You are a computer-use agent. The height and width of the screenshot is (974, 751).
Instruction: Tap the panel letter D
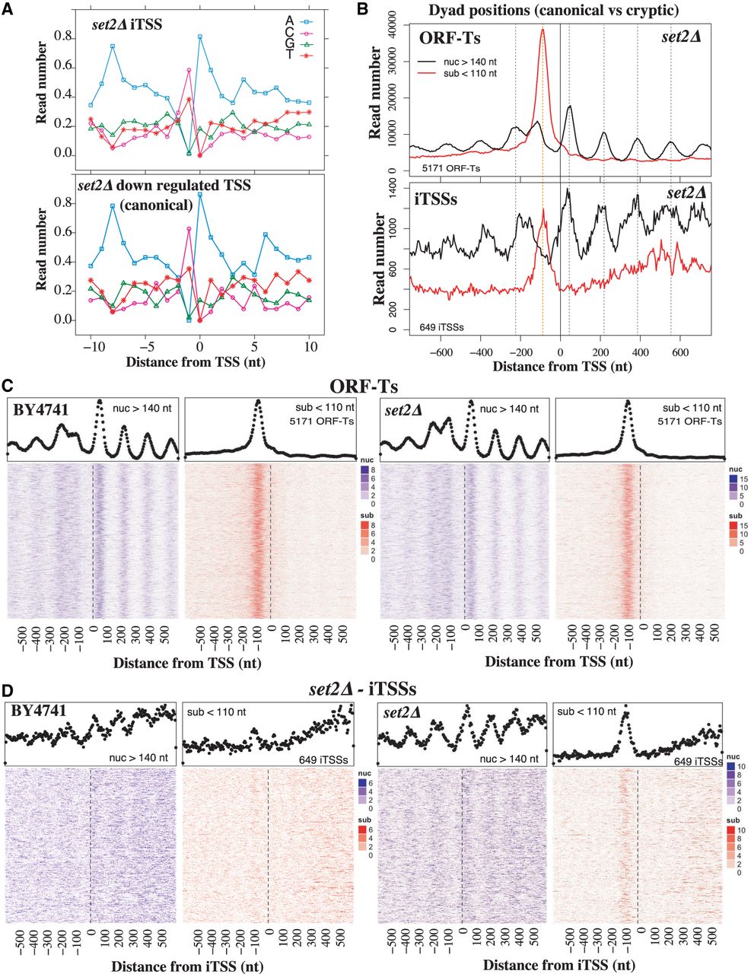click(x=9, y=690)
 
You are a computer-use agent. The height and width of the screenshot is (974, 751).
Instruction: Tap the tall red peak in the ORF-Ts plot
click(x=543, y=32)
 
